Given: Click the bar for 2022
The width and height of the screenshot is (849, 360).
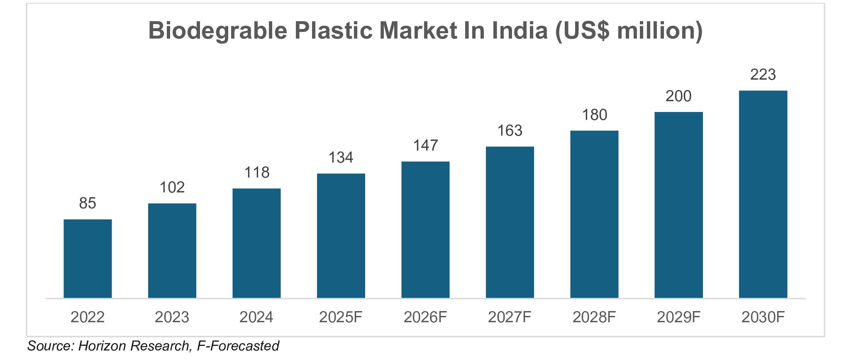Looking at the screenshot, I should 88,258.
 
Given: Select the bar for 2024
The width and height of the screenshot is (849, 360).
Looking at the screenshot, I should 256,243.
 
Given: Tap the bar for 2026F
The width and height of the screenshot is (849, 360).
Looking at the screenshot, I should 425,229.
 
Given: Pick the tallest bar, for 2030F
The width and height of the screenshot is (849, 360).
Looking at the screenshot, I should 763,194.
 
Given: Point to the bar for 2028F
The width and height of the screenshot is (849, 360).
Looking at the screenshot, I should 594,214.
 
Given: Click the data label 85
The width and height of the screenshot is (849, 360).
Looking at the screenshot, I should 88,203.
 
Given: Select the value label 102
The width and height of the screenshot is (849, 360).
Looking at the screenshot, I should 172,187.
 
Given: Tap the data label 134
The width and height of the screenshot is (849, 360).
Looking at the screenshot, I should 341,158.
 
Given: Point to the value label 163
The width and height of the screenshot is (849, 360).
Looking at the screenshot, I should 510,131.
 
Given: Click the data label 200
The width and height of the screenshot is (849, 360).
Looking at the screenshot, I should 678,96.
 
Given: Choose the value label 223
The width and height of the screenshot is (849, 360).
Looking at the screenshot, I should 763,75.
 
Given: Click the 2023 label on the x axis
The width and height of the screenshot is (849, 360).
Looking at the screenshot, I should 172,317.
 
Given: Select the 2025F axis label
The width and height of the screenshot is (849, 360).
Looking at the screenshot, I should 341,317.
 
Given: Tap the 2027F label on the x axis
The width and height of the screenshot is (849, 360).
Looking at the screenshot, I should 510,317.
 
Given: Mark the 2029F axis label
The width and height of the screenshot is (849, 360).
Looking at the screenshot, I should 678,317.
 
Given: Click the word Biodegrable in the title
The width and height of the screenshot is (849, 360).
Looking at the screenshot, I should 217,31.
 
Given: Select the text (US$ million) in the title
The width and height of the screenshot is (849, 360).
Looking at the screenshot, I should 629,31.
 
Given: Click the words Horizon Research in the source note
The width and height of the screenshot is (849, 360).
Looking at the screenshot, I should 133,346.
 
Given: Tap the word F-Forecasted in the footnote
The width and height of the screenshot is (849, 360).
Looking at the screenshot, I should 238,346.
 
